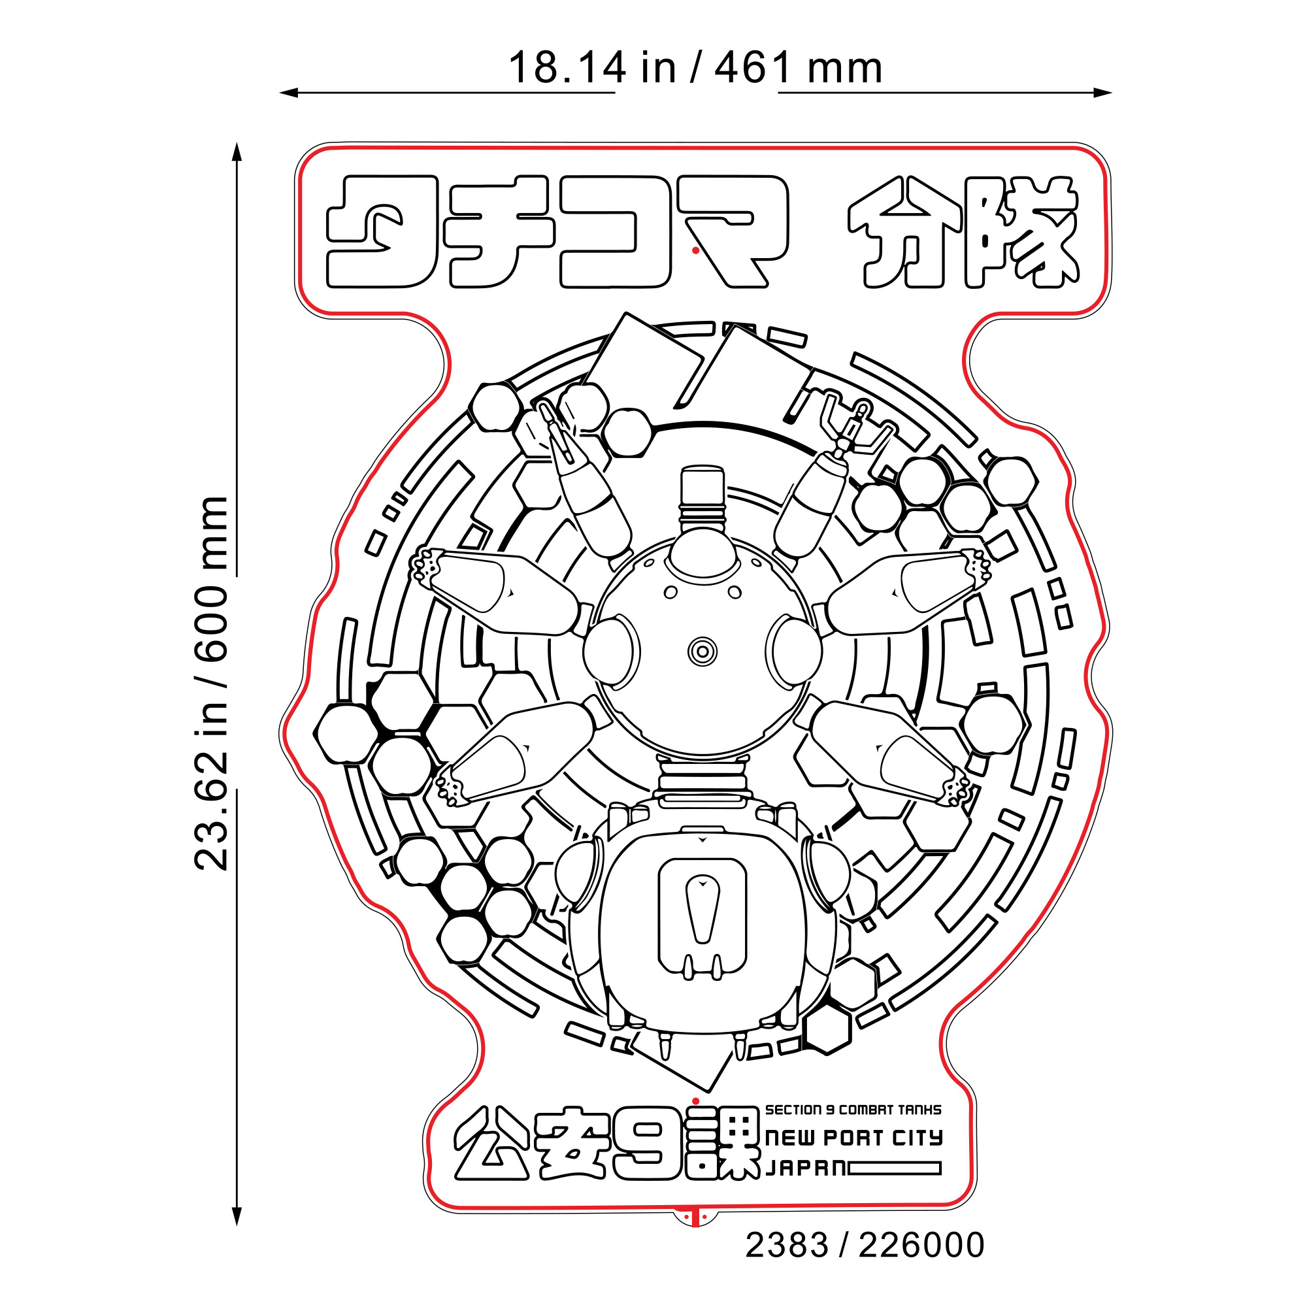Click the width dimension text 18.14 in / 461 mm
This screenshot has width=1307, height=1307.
(x=695, y=68)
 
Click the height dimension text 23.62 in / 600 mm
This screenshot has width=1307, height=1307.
(x=211, y=683)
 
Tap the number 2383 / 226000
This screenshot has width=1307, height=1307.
(x=865, y=1246)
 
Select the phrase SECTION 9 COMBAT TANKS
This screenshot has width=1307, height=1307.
(x=853, y=1110)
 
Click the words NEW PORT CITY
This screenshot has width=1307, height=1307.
(x=853, y=1138)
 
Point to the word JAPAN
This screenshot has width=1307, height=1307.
(x=805, y=1168)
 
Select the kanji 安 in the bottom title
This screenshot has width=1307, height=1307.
(x=571, y=1143)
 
